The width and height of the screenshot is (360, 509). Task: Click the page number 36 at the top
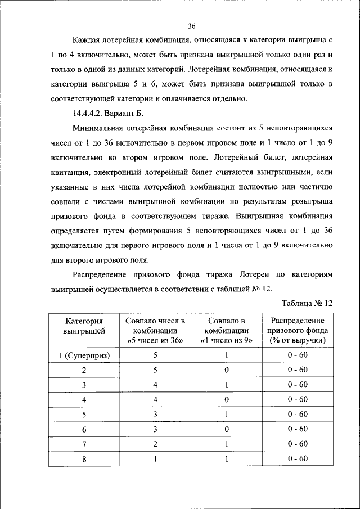[191, 26]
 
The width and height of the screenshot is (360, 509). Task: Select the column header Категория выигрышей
[84, 326]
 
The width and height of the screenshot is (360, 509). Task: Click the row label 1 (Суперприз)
[84, 355]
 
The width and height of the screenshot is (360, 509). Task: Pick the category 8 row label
[84, 458]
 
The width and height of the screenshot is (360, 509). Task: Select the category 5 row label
[84, 414]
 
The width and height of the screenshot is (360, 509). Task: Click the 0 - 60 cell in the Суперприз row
[298, 355]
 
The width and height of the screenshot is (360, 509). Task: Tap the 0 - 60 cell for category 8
[298, 458]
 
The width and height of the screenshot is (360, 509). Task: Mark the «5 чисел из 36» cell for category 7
[155, 444]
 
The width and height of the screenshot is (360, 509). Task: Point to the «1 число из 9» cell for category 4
[227, 399]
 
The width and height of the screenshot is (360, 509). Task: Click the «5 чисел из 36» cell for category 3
[155, 385]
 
